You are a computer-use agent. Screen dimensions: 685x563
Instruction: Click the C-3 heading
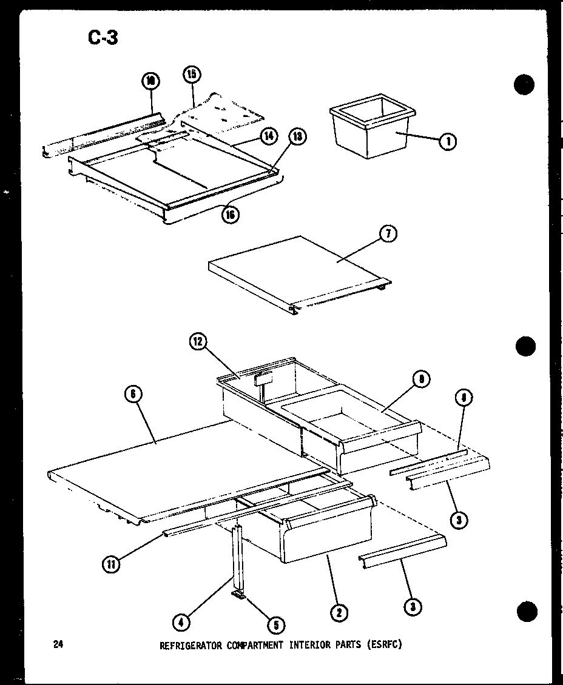[103, 38]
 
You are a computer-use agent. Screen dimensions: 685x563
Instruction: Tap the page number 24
[59, 644]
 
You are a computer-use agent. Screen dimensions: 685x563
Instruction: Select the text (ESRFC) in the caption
[385, 645]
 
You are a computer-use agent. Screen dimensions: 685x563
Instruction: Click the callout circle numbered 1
[448, 141]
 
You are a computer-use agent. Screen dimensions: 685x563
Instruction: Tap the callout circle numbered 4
[180, 621]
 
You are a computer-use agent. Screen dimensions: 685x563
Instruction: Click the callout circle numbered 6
[133, 395]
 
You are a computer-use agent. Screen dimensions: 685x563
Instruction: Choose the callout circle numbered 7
[387, 233]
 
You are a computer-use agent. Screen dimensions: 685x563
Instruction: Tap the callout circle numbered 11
[112, 564]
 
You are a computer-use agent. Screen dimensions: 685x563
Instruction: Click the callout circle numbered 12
[198, 343]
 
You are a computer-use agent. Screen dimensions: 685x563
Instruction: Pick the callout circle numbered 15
[192, 75]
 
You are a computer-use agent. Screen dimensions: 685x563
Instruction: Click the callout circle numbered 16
[230, 214]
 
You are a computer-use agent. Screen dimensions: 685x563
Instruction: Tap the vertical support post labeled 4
[237, 558]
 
